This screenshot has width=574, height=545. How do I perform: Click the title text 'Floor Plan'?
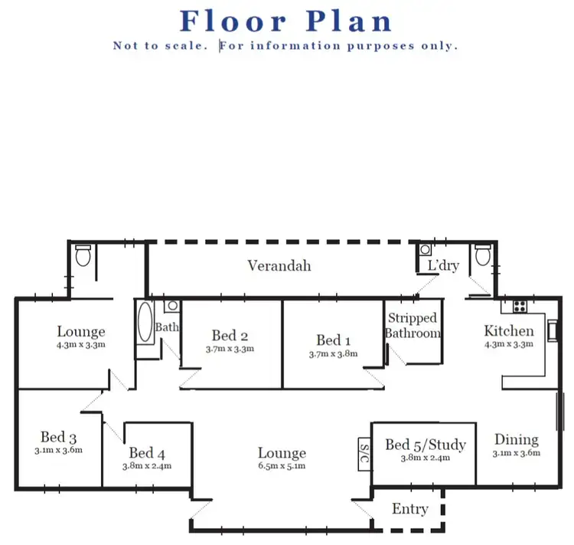pos(285,21)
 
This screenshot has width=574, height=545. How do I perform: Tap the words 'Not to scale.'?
pos(161,46)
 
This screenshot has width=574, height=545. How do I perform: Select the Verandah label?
pos(279,266)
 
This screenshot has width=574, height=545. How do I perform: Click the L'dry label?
pos(442,265)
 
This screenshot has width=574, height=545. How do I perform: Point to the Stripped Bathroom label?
pos(413,326)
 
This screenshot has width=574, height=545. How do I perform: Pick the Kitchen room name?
pos(509,331)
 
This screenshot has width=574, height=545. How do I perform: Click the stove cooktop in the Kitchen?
pos(519,306)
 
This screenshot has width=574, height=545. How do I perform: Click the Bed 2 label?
pos(230,336)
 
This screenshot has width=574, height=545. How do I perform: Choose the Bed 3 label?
pos(58,438)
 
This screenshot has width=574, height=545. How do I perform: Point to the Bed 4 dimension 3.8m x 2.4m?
pos(146,465)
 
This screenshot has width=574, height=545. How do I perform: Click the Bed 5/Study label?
pos(425,445)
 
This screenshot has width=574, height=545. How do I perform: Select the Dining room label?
pos(516,439)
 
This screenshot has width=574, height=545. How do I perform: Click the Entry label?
pos(409,509)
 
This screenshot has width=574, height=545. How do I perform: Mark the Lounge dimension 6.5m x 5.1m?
pos(282,465)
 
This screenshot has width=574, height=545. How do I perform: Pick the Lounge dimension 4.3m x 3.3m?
pos(81,345)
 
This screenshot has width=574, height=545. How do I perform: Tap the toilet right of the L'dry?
pos(481,254)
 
